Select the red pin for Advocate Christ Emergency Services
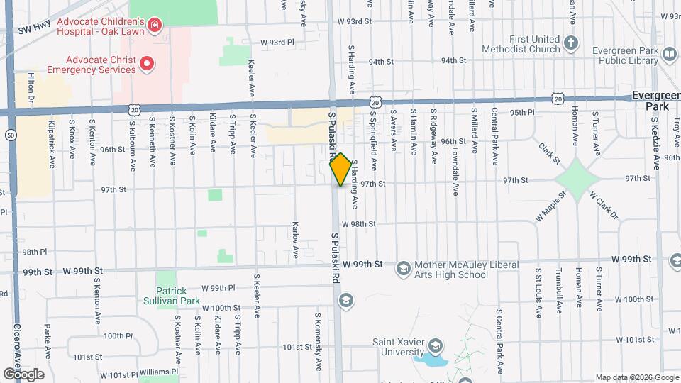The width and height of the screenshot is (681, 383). (x=147, y=65)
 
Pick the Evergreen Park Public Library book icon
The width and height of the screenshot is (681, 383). (x=668, y=54)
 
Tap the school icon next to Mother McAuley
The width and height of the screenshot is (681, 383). (x=404, y=268)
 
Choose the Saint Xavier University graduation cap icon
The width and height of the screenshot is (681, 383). (x=436, y=347)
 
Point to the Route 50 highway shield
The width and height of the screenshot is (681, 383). (x=10, y=135)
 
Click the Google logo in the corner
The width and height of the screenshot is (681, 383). (x=23, y=374)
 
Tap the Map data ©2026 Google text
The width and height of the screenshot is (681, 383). (x=636, y=377)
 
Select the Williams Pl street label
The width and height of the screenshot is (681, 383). (x=159, y=371)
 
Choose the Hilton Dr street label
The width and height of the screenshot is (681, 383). (x=32, y=89)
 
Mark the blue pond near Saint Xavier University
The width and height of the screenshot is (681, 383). (x=429, y=360)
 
